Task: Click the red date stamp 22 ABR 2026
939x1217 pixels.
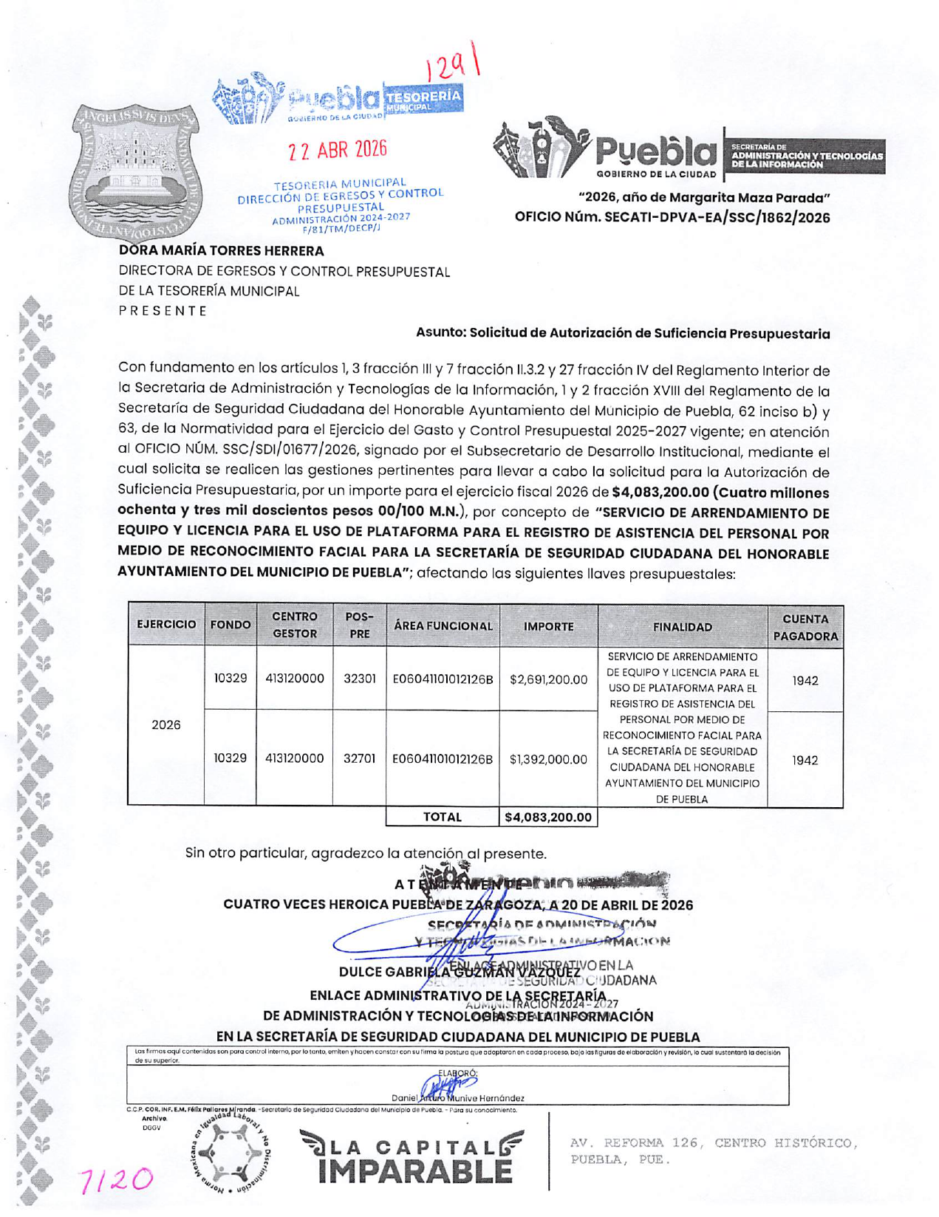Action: (x=338, y=150)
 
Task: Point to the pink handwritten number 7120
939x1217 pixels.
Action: (x=118, y=1179)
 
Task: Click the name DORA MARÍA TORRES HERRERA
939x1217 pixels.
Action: (x=222, y=251)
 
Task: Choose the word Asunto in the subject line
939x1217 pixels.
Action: (x=440, y=333)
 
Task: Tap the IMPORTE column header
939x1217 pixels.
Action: (x=548, y=626)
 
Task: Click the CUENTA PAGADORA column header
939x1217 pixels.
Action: (x=805, y=627)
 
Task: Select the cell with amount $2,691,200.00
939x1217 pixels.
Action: (x=548, y=679)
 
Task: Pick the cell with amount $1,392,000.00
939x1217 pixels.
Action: (x=548, y=759)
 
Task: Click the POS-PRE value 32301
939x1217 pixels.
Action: (x=359, y=679)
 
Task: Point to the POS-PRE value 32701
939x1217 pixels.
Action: (x=359, y=758)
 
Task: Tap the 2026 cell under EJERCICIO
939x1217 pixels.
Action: (x=165, y=725)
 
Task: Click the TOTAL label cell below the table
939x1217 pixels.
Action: (x=442, y=817)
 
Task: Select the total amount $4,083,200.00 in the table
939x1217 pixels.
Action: (x=548, y=817)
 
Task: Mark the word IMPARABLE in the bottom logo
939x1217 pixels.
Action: (x=414, y=1171)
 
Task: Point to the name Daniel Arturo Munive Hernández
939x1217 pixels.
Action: (x=458, y=1099)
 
